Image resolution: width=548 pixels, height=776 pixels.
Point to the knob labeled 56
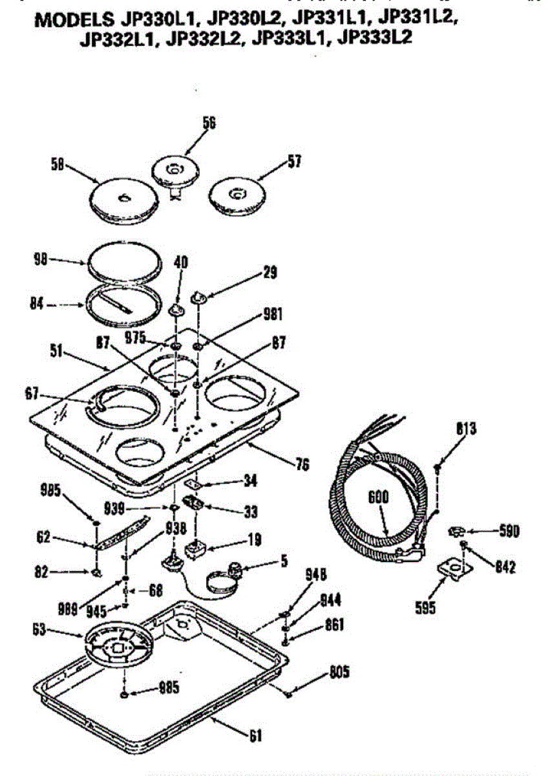(173, 173)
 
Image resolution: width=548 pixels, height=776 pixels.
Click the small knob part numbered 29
(199, 296)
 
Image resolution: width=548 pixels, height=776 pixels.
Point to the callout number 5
(284, 561)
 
